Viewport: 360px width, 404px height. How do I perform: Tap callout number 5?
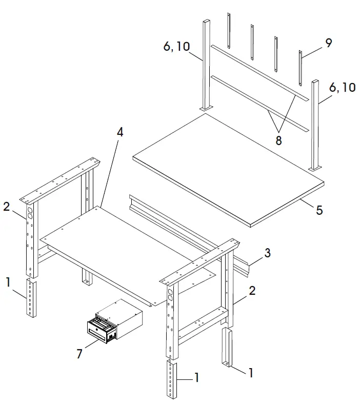(x=318, y=211)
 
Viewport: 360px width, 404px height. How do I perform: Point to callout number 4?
(x=119, y=132)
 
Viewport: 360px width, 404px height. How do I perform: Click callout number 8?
(x=278, y=140)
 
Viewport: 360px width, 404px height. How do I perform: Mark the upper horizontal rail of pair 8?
(x=259, y=72)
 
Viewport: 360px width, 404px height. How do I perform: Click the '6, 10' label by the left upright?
(x=176, y=47)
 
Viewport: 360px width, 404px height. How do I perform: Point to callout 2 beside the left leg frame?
(x=6, y=207)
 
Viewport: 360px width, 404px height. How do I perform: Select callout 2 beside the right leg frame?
(x=252, y=291)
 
